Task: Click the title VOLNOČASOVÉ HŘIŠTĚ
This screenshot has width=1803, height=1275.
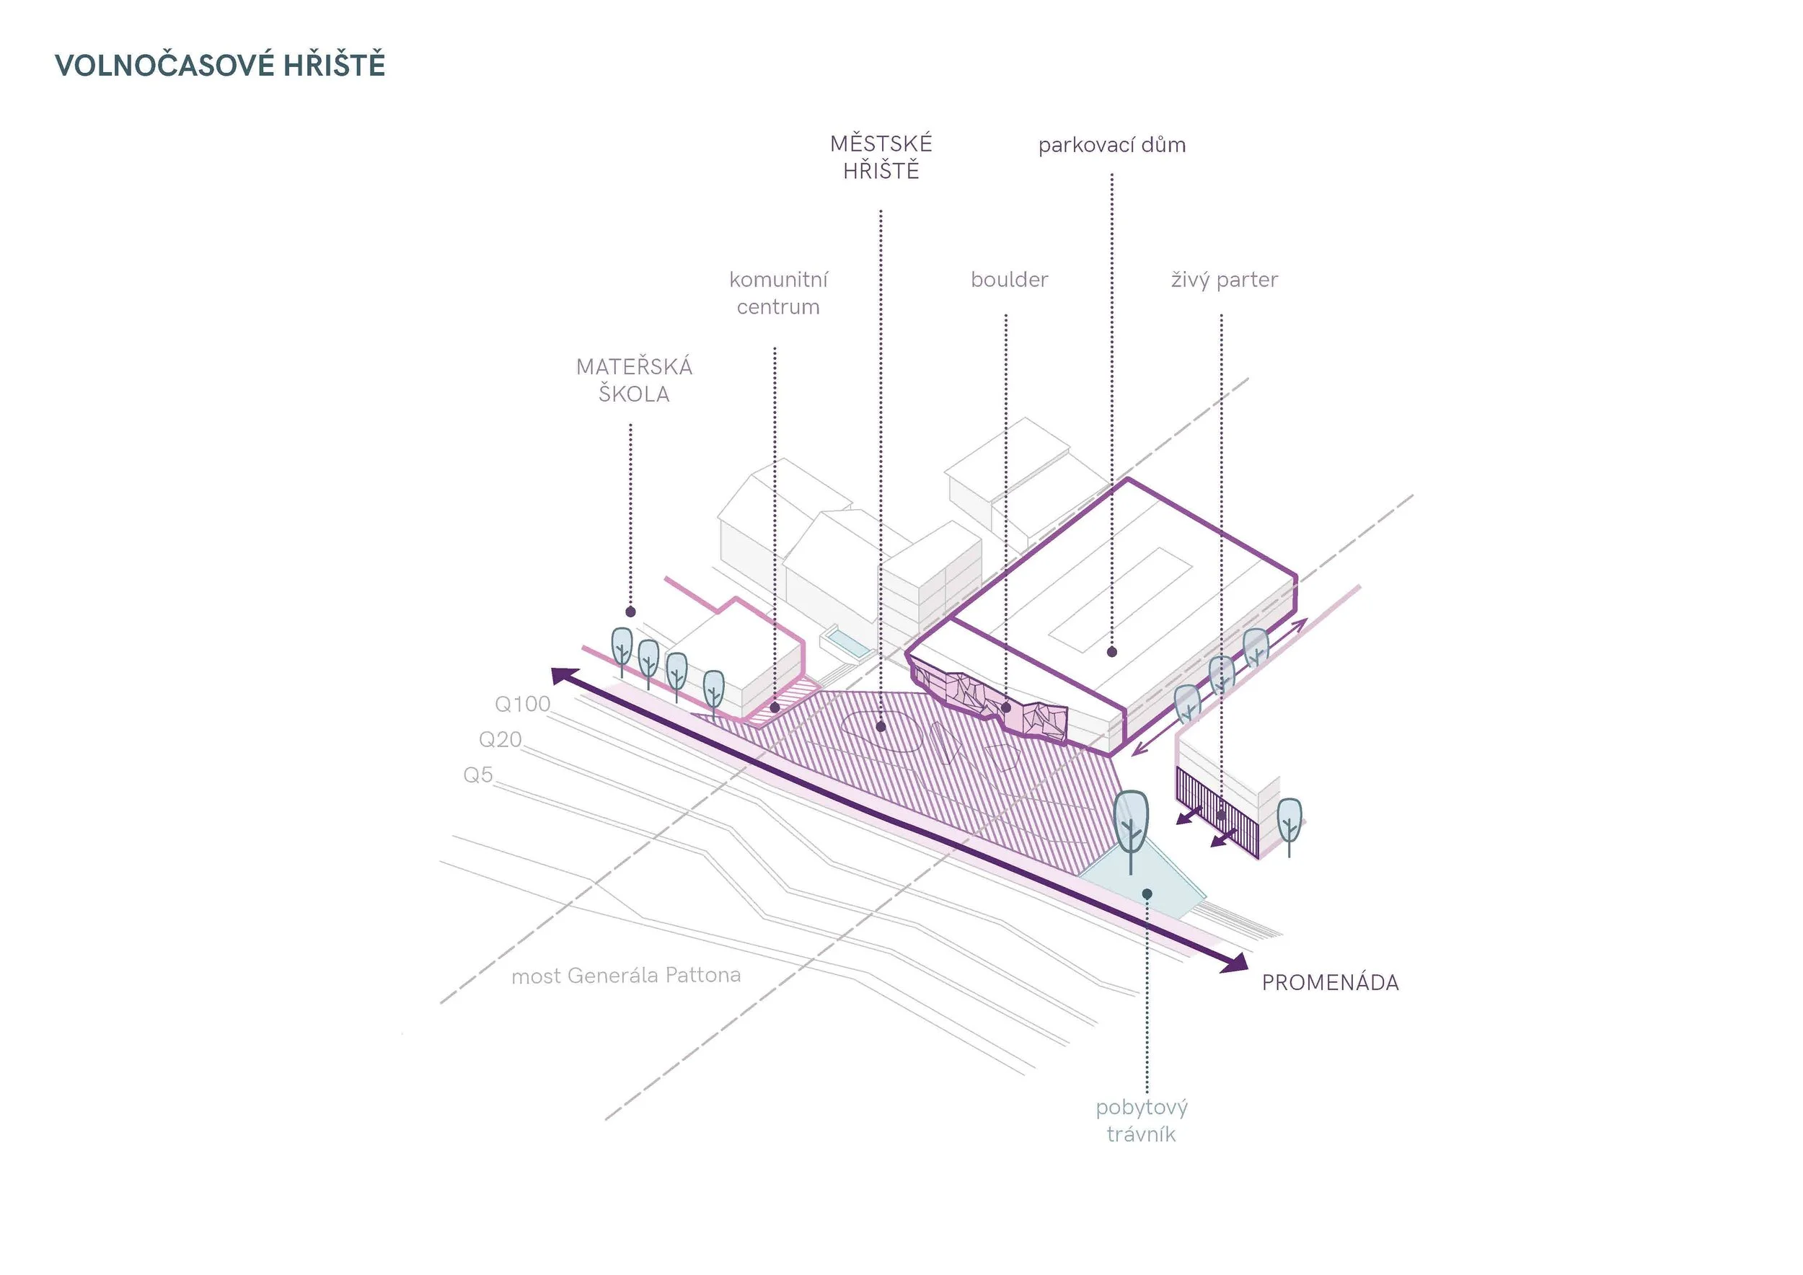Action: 220,65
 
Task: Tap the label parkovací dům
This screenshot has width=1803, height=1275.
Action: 1111,145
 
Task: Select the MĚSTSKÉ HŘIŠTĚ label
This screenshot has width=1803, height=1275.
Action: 881,157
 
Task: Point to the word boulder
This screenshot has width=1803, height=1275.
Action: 1009,281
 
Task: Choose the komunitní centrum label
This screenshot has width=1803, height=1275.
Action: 778,293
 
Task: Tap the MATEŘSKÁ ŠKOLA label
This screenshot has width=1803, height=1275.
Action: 634,380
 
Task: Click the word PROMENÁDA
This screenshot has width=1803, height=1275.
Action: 1329,983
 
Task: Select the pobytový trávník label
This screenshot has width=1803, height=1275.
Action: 1142,1121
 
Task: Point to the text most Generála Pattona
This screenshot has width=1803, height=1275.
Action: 626,976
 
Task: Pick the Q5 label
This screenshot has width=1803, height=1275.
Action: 478,775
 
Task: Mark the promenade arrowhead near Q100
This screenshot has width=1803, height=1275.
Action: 564,676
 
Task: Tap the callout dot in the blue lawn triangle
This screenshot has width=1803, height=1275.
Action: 1147,894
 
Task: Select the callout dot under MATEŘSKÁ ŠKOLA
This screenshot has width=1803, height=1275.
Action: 630,612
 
